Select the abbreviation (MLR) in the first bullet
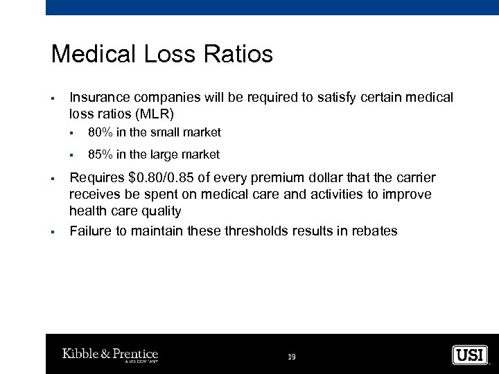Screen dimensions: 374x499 pyautogui.click(x=157, y=113)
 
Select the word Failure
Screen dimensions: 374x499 pyautogui.click(x=90, y=231)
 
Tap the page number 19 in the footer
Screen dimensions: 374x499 pyautogui.click(x=291, y=357)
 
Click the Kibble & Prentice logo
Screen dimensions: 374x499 pyautogui.click(x=110, y=355)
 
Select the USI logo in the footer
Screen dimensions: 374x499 pyautogui.click(x=471, y=355)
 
